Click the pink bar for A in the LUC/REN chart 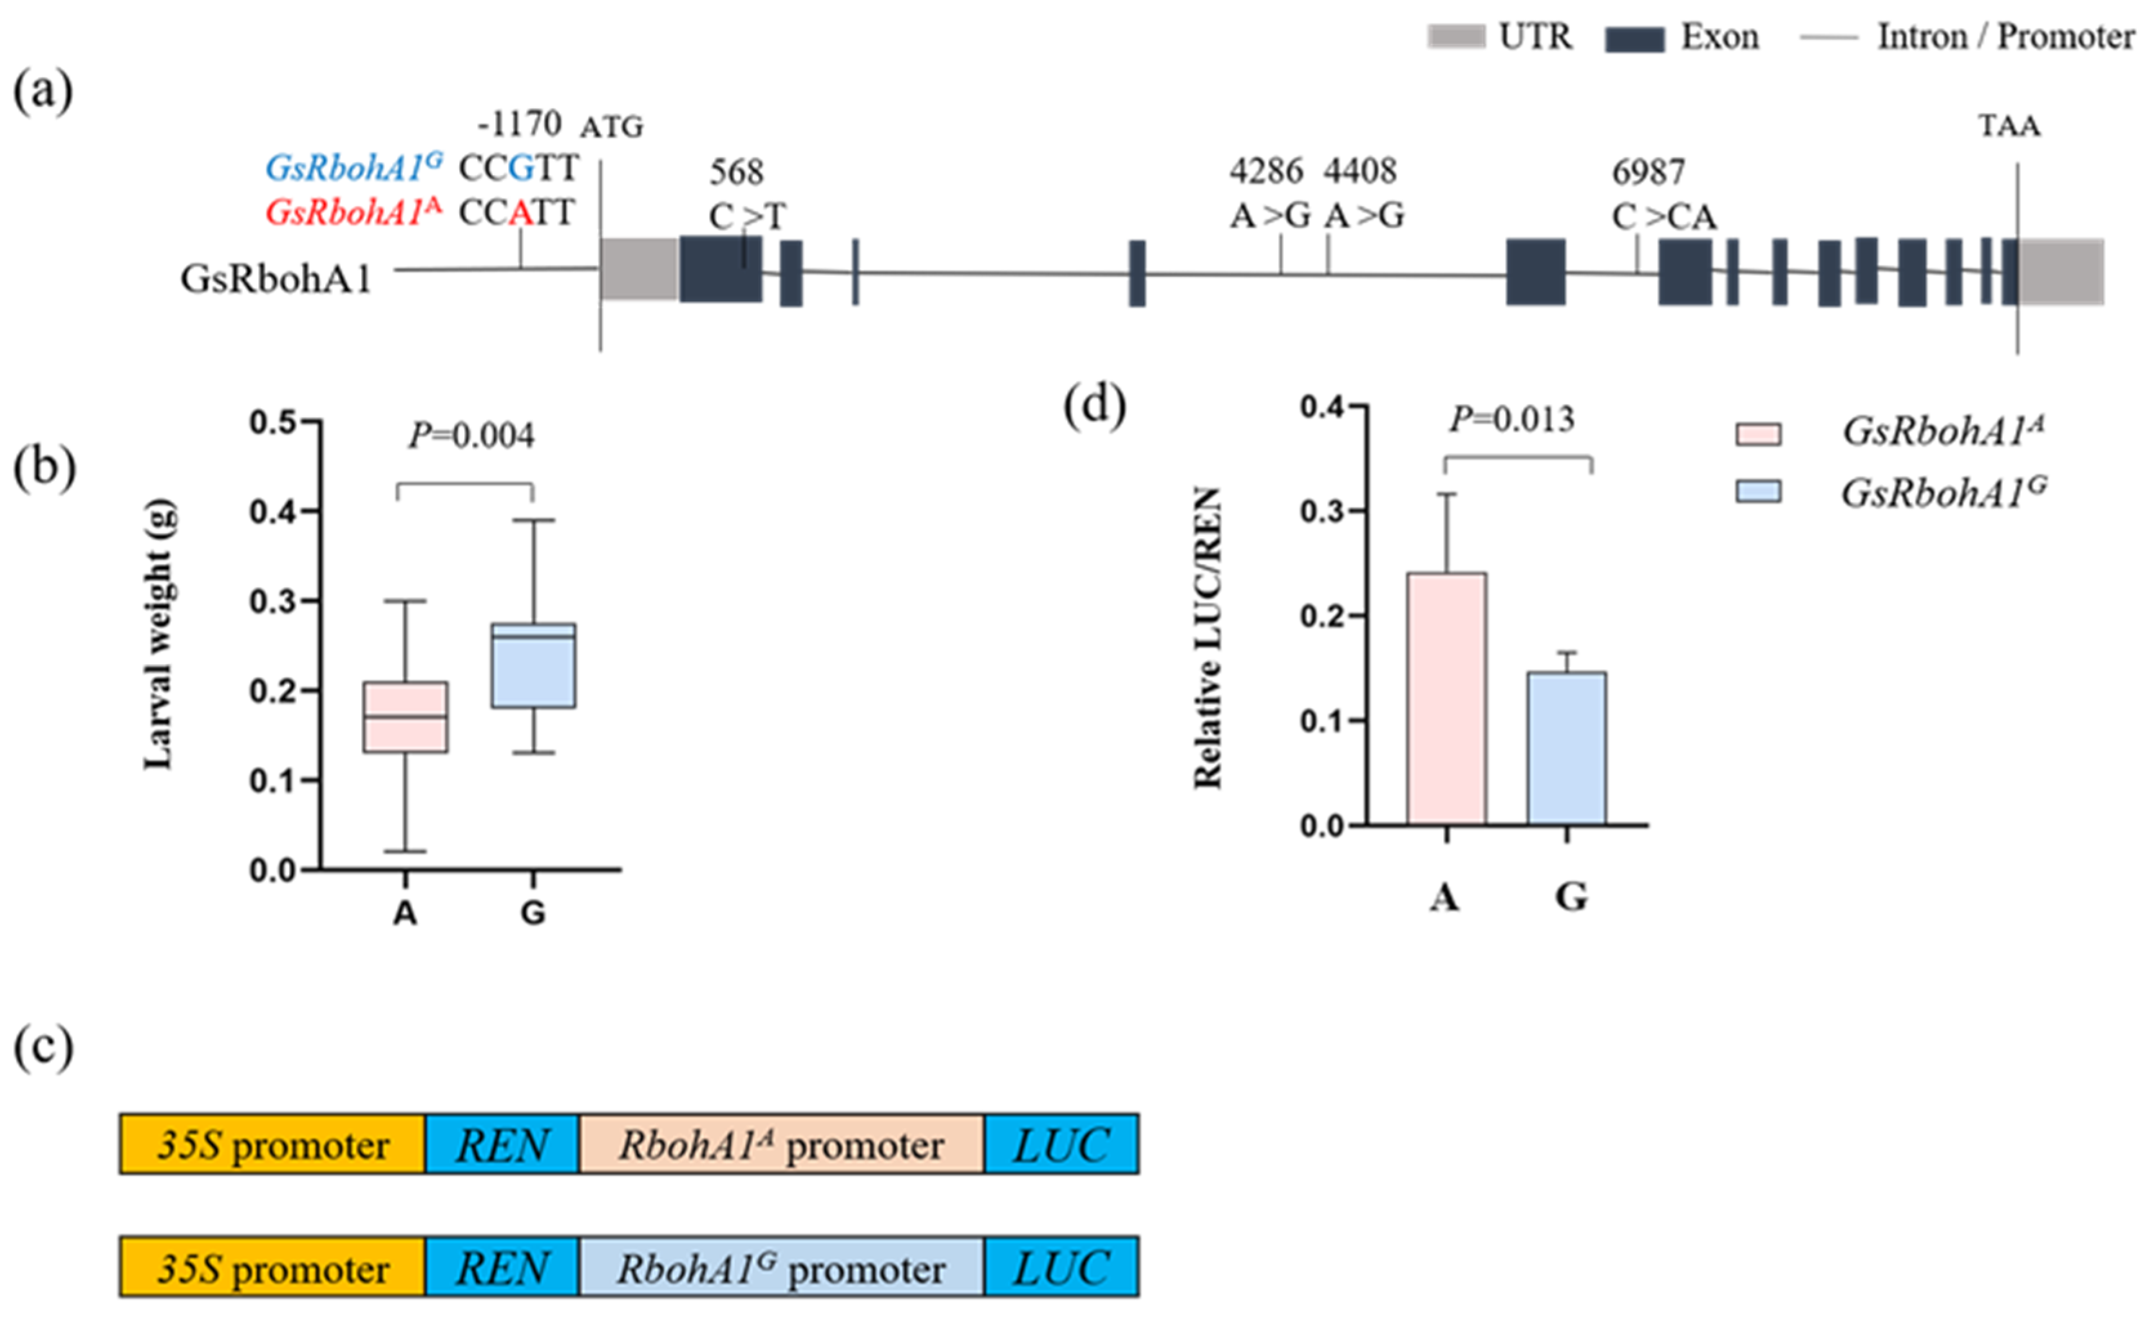tap(1446, 698)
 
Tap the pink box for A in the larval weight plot tap(405, 716)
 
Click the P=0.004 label tap(471, 435)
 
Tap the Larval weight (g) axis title tap(160, 634)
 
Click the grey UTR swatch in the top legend tap(1455, 37)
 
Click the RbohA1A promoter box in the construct tap(781, 1144)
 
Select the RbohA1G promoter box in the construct tap(781, 1268)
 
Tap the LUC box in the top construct tap(1061, 1144)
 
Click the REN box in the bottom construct tap(502, 1268)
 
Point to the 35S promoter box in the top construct tap(272, 1144)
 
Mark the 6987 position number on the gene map tap(1647, 173)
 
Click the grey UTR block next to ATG tap(639, 268)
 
